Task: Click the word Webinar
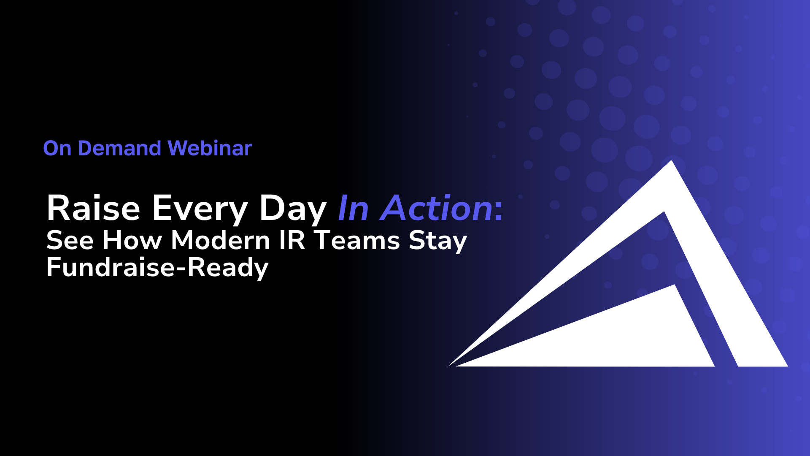point(210,148)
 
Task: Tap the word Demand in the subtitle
point(119,148)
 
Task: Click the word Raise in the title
point(93,208)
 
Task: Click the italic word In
point(354,208)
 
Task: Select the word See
point(70,240)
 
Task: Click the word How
point(132,240)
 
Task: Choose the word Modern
point(220,240)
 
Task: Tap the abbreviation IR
point(292,240)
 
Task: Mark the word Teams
point(357,240)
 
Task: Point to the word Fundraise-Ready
point(157,268)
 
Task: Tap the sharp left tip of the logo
point(448,366)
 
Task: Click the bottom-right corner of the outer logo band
point(788,366)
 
